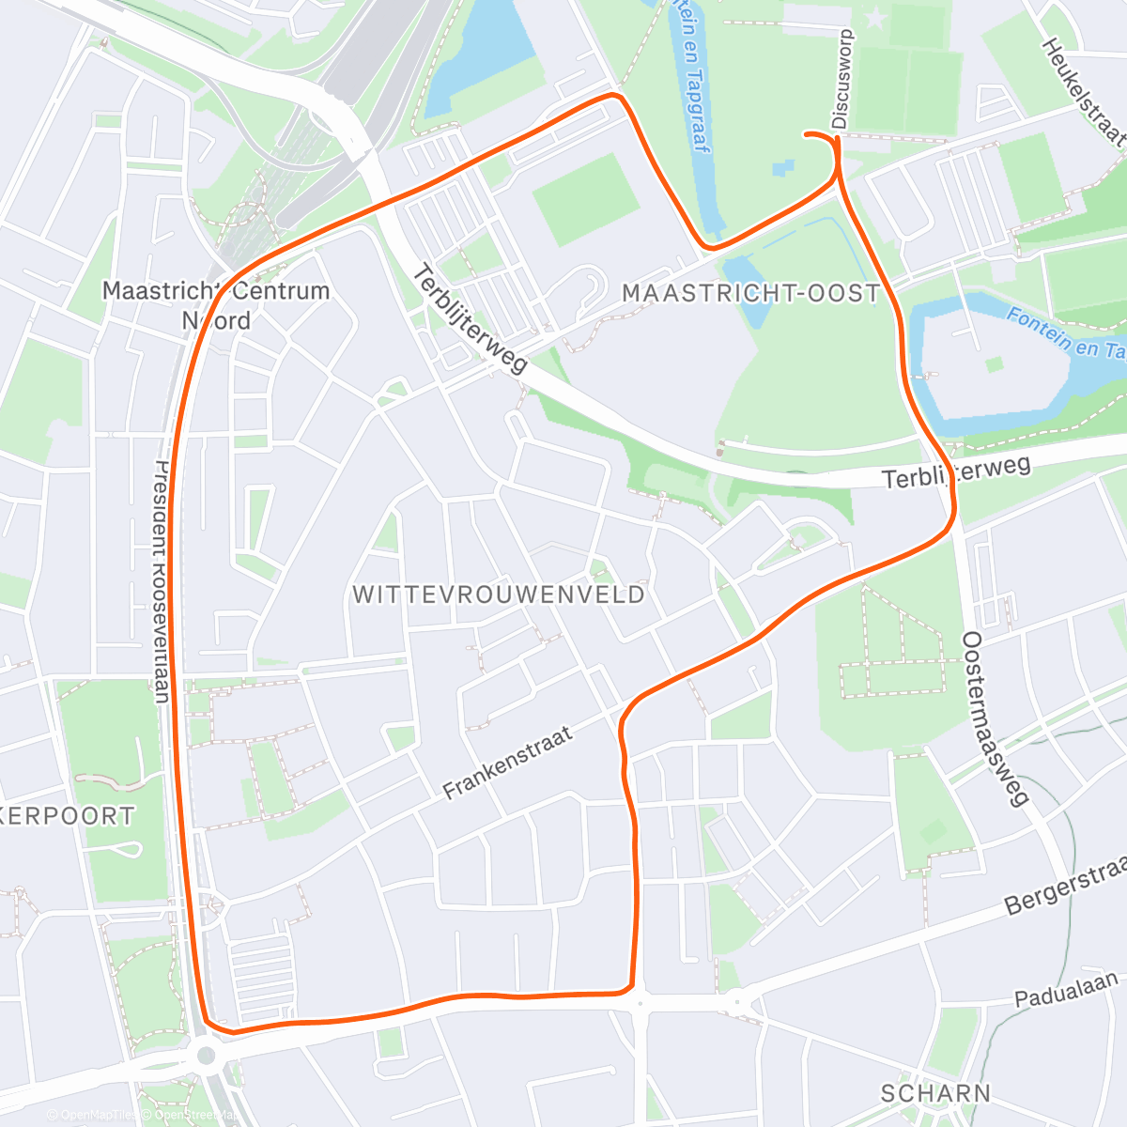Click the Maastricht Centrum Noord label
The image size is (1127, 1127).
(216, 305)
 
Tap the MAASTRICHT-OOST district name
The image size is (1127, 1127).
(750, 293)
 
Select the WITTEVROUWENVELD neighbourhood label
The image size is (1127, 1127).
(499, 594)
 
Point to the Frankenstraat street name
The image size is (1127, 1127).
(508, 763)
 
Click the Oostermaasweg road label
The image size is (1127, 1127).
(994, 718)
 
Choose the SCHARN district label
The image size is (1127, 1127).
(935, 1093)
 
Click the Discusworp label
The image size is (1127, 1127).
(841, 79)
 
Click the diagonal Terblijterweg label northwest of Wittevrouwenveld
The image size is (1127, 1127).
(471, 320)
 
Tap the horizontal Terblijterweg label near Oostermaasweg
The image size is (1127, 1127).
(956, 471)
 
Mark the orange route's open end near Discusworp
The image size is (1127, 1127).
(806, 135)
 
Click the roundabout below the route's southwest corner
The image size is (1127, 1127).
(206, 1056)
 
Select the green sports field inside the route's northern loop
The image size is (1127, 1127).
(586, 200)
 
